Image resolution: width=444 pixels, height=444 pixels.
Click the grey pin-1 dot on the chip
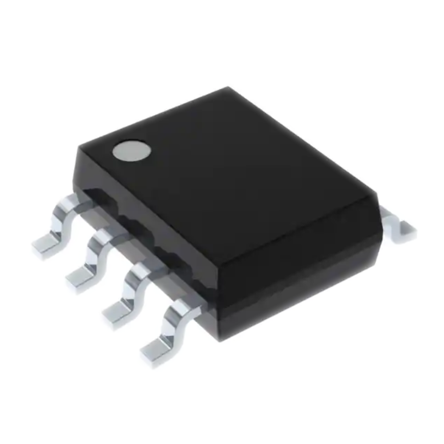(x=131, y=151)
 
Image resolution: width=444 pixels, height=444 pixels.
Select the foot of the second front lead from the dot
(x=79, y=279)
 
